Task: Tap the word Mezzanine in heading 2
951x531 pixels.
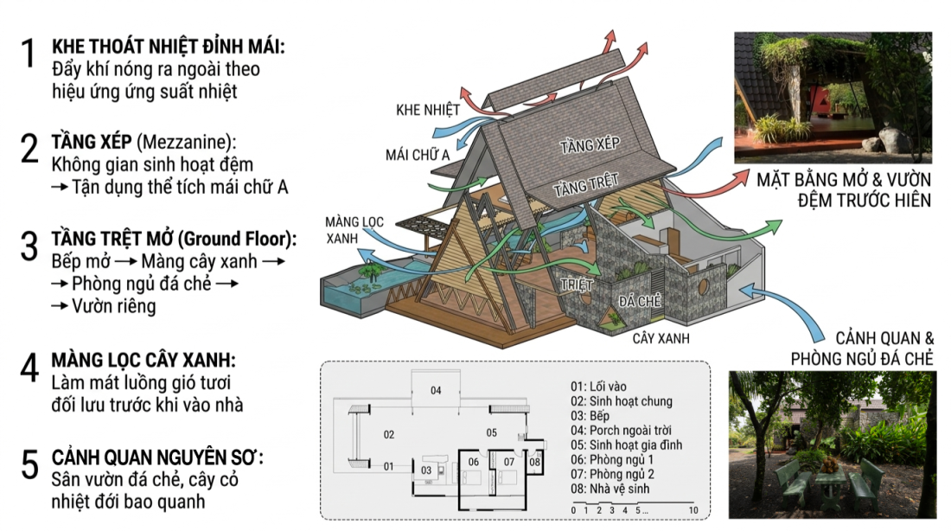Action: pos(184,142)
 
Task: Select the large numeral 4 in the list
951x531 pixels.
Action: pos(29,368)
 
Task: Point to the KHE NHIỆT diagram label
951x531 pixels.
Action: pos(428,110)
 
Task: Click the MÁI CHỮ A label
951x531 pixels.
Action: pos(418,155)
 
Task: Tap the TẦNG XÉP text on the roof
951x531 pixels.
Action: pos(590,145)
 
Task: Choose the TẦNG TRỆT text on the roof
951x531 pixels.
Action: pos(586,185)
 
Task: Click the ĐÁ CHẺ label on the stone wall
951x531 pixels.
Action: pos(640,301)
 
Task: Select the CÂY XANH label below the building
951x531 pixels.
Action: pos(661,338)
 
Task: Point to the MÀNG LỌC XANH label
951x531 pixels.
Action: pos(354,230)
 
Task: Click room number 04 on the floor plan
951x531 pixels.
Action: pos(436,390)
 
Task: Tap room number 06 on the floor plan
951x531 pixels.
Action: pos(473,462)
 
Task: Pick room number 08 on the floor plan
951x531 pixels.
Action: pos(534,462)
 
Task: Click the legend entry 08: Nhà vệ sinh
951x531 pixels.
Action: pos(610,489)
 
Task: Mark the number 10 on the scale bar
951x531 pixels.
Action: pos(693,510)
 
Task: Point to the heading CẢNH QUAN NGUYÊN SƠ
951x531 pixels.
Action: pos(157,457)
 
